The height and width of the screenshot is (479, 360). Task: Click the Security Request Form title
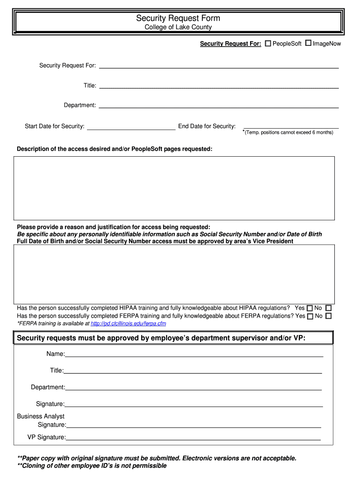(x=178, y=18)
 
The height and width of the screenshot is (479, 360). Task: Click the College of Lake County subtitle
(x=178, y=27)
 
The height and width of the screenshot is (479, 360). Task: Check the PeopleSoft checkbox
(x=268, y=44)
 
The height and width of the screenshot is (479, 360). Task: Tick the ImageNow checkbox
(x=308, y=44)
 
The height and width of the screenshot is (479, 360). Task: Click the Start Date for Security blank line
(x=131, y=126)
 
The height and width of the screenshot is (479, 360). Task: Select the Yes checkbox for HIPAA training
(x=310, y=308)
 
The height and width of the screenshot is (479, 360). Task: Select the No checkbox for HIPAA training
(x=328, y=308)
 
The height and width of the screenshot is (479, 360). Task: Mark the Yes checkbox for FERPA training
(x=310, y=316)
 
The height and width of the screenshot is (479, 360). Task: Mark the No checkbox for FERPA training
(x=328, y=316)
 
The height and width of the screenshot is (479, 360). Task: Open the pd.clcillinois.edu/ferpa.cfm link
(x=128, y=324)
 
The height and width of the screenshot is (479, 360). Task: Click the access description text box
(x=174, y=188)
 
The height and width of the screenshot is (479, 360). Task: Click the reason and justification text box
(x=174, y=274)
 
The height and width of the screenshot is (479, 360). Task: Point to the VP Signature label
(x=46, y=437)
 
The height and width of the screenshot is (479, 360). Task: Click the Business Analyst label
(x=41, y=416)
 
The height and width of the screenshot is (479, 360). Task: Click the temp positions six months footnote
(x=288, y=132)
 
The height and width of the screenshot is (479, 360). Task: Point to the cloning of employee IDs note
(x=92, y=466)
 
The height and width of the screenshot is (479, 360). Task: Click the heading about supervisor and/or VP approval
(x=161, y=338)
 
